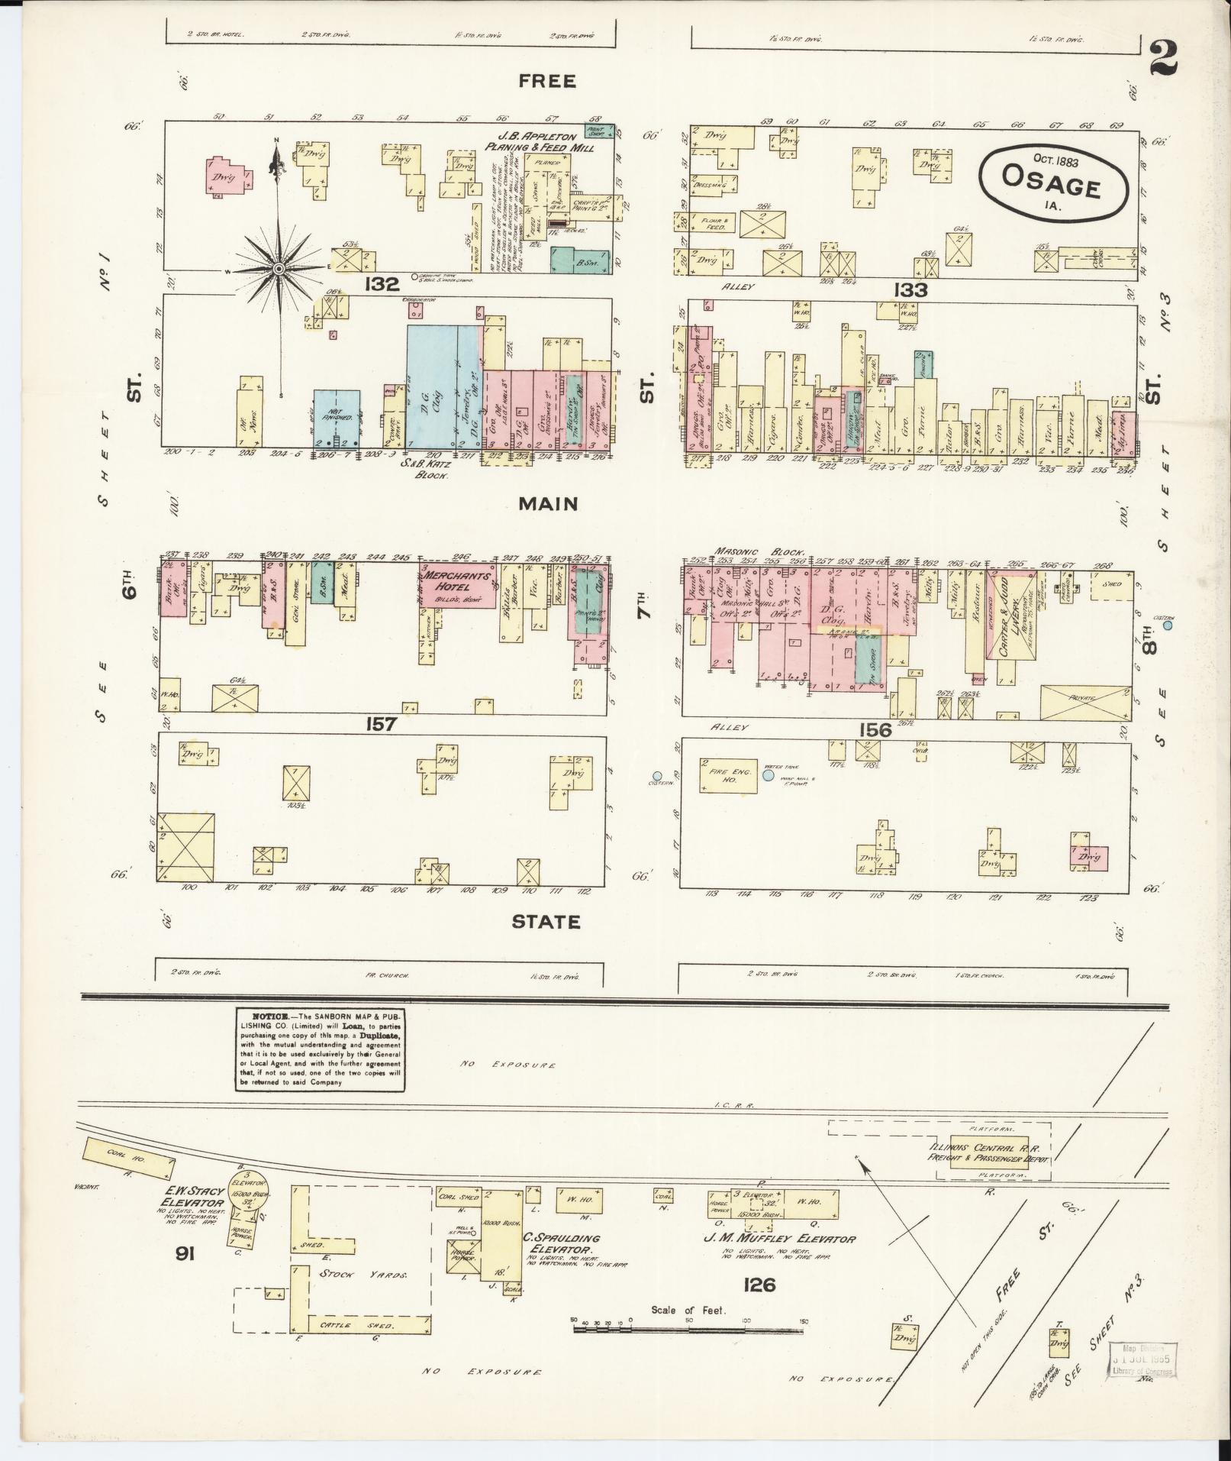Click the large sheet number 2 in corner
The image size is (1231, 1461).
click(1165, 58)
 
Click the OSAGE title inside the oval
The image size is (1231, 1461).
click(1050, 186)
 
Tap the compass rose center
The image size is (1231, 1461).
click(279, 268)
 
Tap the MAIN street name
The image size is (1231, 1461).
click(548, 504)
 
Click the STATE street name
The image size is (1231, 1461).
click(546, 922)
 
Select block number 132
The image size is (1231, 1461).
click(382, 284)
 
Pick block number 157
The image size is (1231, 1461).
click(380, 723)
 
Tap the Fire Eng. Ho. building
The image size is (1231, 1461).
click(727, 777)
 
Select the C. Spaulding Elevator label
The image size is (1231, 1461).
click(561, 1243)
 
